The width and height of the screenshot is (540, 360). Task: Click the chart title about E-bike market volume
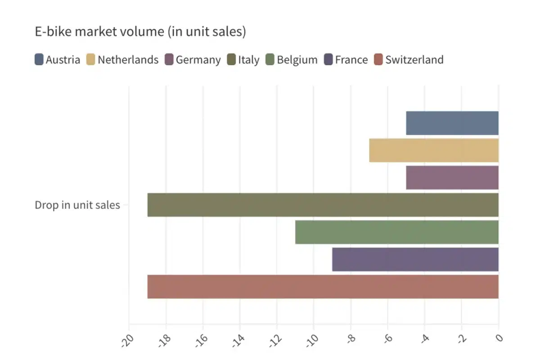coord(140,32)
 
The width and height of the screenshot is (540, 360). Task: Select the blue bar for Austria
coord(452,123)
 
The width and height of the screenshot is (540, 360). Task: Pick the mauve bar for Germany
coord(452,177)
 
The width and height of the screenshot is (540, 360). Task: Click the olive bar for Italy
coord(323,205)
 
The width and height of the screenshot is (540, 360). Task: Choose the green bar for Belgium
coord(396,232)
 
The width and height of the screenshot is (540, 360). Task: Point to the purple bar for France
coord(415,259)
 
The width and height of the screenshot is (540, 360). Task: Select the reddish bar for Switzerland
coord(323,287)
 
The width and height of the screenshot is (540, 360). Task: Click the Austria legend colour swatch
coord(39,60)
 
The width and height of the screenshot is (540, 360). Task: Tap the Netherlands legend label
coord(128,60)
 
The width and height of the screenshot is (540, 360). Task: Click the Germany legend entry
coord(193,60)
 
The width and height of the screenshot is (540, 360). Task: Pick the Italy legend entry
coord(243,60)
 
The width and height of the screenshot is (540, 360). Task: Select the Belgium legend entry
coord(292,60)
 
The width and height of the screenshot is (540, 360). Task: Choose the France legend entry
coord(346,60)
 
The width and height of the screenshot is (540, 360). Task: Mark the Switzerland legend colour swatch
coord(378,60)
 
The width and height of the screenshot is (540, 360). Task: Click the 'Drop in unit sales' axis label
coord(77,205)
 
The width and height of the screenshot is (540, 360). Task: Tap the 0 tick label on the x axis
coord(498,337)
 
